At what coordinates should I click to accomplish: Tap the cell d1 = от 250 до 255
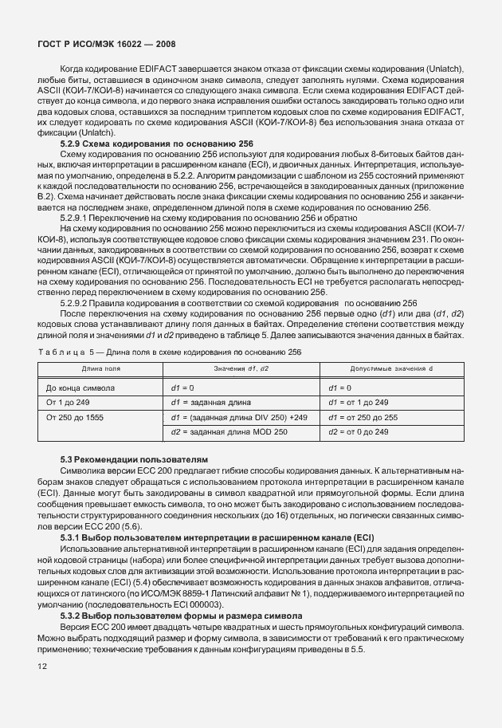pos(363,416)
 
